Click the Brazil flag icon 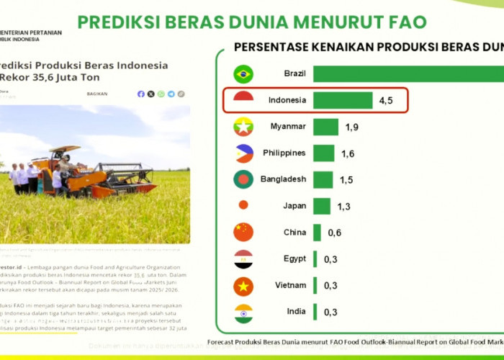pyautogui.click(x=243, y=73)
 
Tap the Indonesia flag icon pyautogui.click(x=243, y=100)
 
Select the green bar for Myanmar pyautogui.click(x=325, y=127)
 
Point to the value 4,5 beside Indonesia pyautogui.click(x=386, y=100)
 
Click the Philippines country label pyautogui.click(x=284, y=153)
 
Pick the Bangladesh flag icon pyautogui.click(x=243, y=179)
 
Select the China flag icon pyautogui.click(x=243, y=233)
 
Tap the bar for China pyautogui.click(x=317, y=233)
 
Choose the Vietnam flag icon pyautogui.click(x=243, y=286)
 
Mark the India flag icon pyautogui.click(x=243, y=312)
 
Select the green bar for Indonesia pyautogui.click(x=343, y=100)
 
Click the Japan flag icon pyautogui.click(x=243, y=205)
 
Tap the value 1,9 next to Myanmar pyautogui.click(x=351, y=127)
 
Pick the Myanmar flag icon pyautogui.click(x=243, y=127)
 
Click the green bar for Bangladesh pyautogui.click(x=323, y=179)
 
